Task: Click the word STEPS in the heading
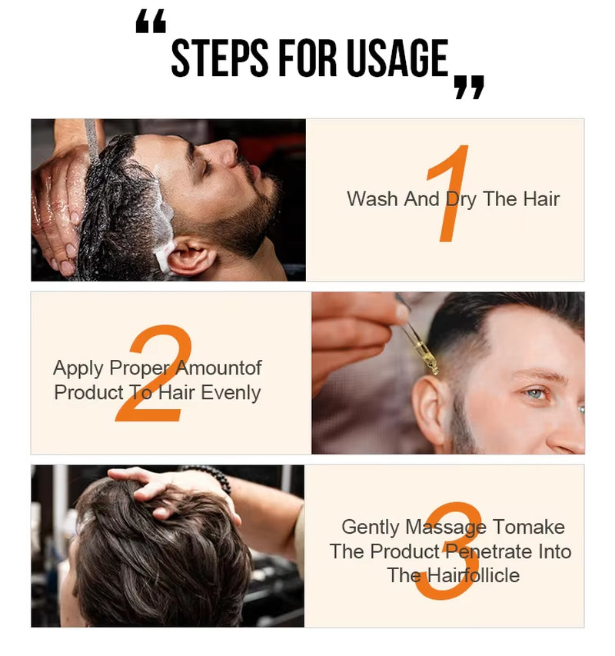click(x=218, y=59)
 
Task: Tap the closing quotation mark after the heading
click(x=469, y=86)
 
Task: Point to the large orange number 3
click(x=449, y=551)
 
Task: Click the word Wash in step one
click(x=373, y=199)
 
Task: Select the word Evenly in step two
click(x=231, y=393)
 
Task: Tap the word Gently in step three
click(x=371, y=528)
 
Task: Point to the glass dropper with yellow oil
click(x=420, y=338)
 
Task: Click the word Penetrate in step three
click(x=493, y=551)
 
